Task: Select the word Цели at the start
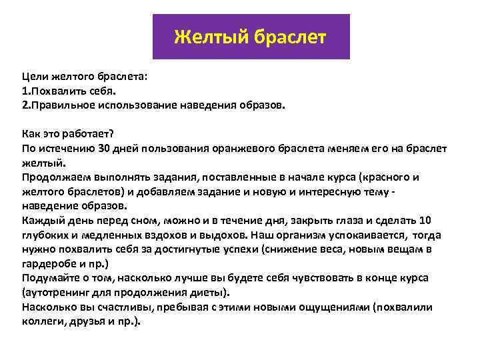35,77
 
